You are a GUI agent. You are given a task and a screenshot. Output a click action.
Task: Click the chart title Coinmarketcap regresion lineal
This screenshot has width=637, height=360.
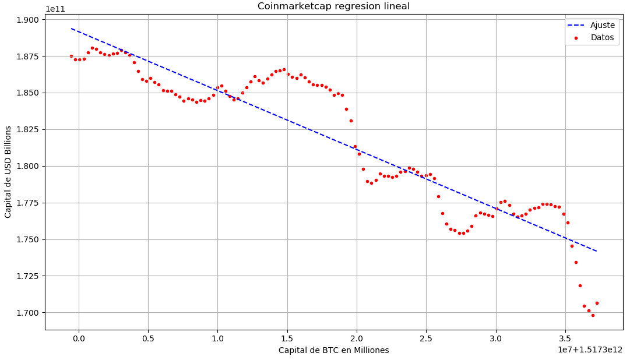click(x=333, y=6)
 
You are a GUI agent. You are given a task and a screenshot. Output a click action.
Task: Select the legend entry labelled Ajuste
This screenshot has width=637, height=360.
click(x=602, y=25)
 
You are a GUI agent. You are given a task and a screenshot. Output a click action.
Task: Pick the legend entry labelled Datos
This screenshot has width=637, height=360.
click(x=602, y=38)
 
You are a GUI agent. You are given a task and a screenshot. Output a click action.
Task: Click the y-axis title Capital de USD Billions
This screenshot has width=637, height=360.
click(x=8, y=172)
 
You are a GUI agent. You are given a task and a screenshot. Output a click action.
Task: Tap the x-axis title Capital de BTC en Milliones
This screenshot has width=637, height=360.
click(x=333, y=350)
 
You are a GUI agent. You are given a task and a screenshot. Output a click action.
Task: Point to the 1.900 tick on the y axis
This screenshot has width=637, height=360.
click(x=27, y=20)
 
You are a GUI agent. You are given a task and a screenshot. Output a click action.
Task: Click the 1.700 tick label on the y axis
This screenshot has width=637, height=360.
click(x=27, y=313)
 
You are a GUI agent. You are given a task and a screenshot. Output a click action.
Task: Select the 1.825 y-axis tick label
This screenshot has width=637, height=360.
click(x=27, y=130)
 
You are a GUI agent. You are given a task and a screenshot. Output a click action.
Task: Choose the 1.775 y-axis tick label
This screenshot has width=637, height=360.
click(x=27, y=203)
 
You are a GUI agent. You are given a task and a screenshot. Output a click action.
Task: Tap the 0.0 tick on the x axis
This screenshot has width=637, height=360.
click(x=79, y=338)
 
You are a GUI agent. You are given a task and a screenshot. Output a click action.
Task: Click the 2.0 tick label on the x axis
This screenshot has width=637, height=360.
click(x=357, y=338)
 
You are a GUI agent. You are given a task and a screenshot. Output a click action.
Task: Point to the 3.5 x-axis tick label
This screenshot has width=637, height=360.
click(x=565, y=338)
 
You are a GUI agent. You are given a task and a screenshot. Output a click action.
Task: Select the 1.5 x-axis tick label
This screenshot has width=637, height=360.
click(x=287, y=338)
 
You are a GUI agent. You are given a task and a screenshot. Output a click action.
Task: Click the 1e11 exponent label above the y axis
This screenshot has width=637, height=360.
click(x=55, y=9)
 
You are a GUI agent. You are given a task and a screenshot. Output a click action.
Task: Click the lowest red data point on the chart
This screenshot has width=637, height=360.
click(x=593, y=315)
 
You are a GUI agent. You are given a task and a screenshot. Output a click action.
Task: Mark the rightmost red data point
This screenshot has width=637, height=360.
click(x=597, y=303)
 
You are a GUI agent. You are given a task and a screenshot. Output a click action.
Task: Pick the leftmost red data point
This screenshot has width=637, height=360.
click(x=71, y=56)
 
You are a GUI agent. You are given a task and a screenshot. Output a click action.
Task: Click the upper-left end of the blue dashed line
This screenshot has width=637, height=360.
click(x=71, y=29)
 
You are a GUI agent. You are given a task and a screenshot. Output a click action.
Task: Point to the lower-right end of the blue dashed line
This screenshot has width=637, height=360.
click(x=597, y=251)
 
